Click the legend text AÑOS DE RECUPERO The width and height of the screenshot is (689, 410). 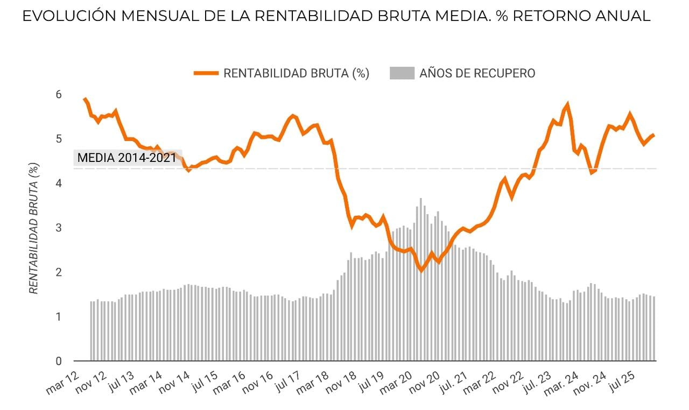point(477,74)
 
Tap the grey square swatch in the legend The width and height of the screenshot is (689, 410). point(402,74)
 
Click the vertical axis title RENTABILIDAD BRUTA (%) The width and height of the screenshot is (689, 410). point(33,229)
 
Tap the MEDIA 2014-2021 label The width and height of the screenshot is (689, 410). point(127,158)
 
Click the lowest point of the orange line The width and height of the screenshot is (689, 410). point(421,270)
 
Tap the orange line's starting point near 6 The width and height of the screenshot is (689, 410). point(85,99)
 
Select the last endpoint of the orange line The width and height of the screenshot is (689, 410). point(653,135)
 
